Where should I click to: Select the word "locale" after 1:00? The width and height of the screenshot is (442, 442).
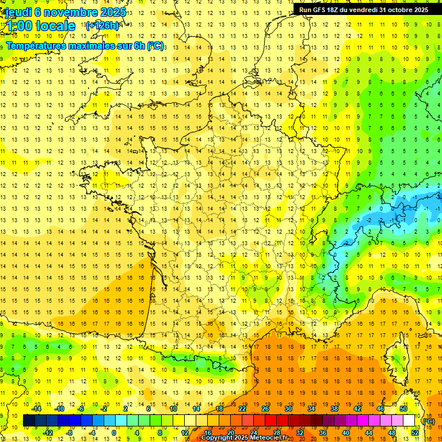tap(55, 26)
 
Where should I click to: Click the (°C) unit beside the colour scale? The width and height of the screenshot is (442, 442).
tap(428, 421)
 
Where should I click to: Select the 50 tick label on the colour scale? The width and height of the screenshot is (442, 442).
tap(403, 409)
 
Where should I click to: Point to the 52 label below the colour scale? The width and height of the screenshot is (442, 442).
tap(414, 433)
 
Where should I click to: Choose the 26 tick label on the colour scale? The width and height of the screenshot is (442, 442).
tap(265, 409)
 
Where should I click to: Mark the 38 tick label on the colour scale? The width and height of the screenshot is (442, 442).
tap(334, 409)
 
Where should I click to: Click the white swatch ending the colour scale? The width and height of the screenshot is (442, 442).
tap(409, 421)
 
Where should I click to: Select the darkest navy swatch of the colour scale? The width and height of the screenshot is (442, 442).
tap(29, 421)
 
